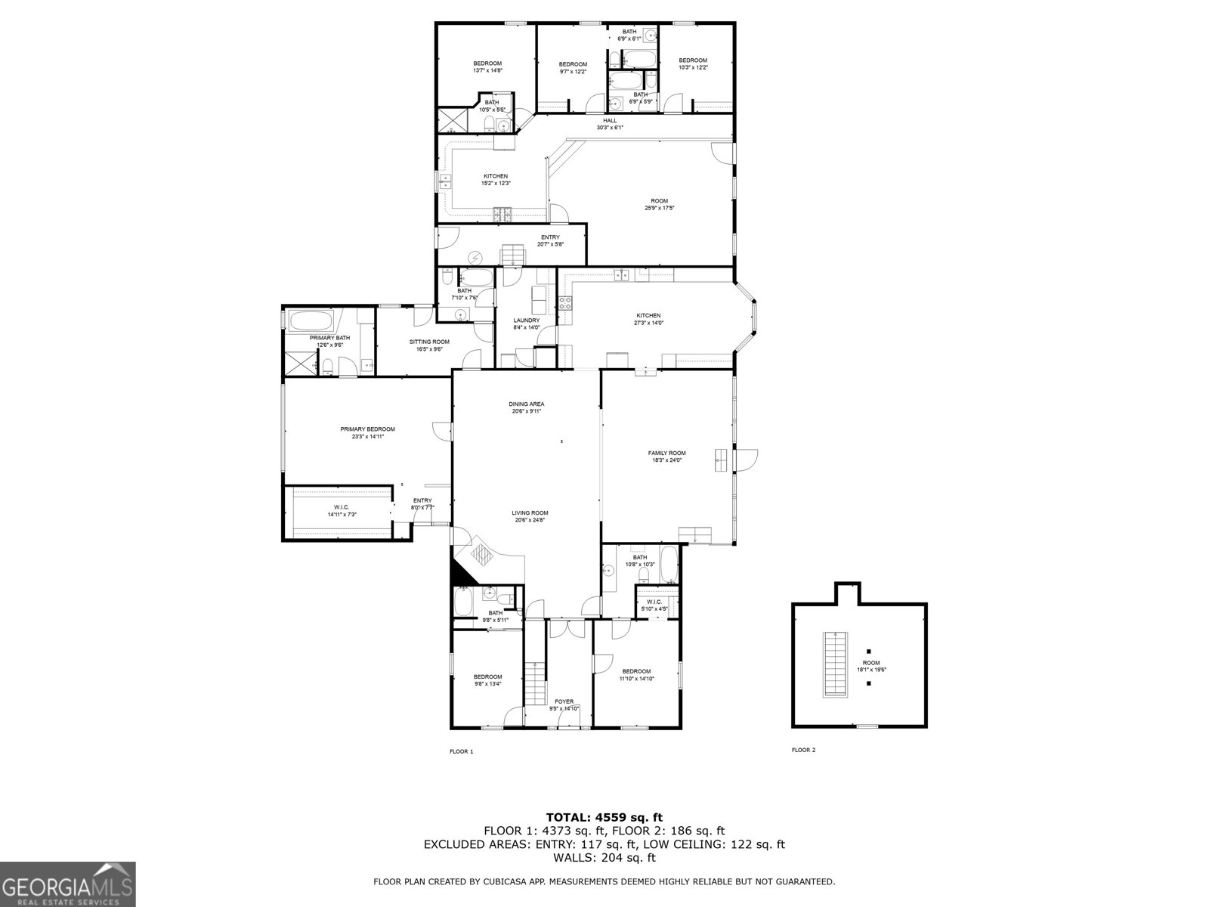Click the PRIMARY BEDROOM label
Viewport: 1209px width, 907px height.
367,429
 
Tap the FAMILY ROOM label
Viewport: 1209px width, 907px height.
666,453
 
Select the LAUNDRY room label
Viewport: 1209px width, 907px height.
526,320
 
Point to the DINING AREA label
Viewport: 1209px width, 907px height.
526,404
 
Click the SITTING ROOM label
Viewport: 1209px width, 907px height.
429,342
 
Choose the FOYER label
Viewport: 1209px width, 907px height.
564,701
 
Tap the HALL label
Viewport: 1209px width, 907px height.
610,120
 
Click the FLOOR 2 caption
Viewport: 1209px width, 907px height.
803,750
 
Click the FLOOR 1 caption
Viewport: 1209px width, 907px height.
461,751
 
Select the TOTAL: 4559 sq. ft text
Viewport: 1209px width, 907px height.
604,816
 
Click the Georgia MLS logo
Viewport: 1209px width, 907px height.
67,884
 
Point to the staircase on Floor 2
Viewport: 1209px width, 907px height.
834,663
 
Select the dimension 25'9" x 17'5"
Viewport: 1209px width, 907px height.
659,208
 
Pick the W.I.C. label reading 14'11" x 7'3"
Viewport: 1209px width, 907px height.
342,514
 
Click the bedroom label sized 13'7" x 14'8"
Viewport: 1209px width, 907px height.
487,70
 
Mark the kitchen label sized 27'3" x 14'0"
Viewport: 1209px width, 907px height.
648,323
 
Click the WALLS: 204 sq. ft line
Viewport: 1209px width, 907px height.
604,857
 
